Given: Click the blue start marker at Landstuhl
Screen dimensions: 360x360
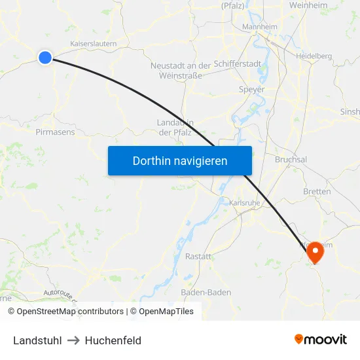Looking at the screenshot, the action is [x=45, y=58].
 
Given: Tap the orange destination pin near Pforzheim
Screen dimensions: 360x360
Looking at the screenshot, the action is [x=315, y=251].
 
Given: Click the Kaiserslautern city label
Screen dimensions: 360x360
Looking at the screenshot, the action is [x=93, y=43].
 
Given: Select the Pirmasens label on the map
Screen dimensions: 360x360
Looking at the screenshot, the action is [x=55, y=132].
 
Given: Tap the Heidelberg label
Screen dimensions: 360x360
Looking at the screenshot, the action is [x=314, y=56].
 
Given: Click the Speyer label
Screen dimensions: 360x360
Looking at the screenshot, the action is [x=252, y=89].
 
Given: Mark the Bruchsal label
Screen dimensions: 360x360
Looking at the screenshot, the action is [x=291, y=160].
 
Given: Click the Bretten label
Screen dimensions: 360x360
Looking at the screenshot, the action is [x=317, y=191].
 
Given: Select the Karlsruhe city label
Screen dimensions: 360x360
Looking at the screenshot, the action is [x=245, y=203].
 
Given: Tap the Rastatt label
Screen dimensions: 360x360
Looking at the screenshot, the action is [x=198, y=257].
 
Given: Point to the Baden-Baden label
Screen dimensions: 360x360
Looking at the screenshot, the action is [x=206, y=293].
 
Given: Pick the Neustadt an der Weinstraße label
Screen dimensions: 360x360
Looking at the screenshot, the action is [x=181, y=70].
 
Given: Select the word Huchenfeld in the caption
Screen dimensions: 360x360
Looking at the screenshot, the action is [x=113, y=340].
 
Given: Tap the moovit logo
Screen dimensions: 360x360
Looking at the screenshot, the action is [x=321, y=339].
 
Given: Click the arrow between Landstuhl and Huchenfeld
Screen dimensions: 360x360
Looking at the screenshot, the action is [x=72, y=340].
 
